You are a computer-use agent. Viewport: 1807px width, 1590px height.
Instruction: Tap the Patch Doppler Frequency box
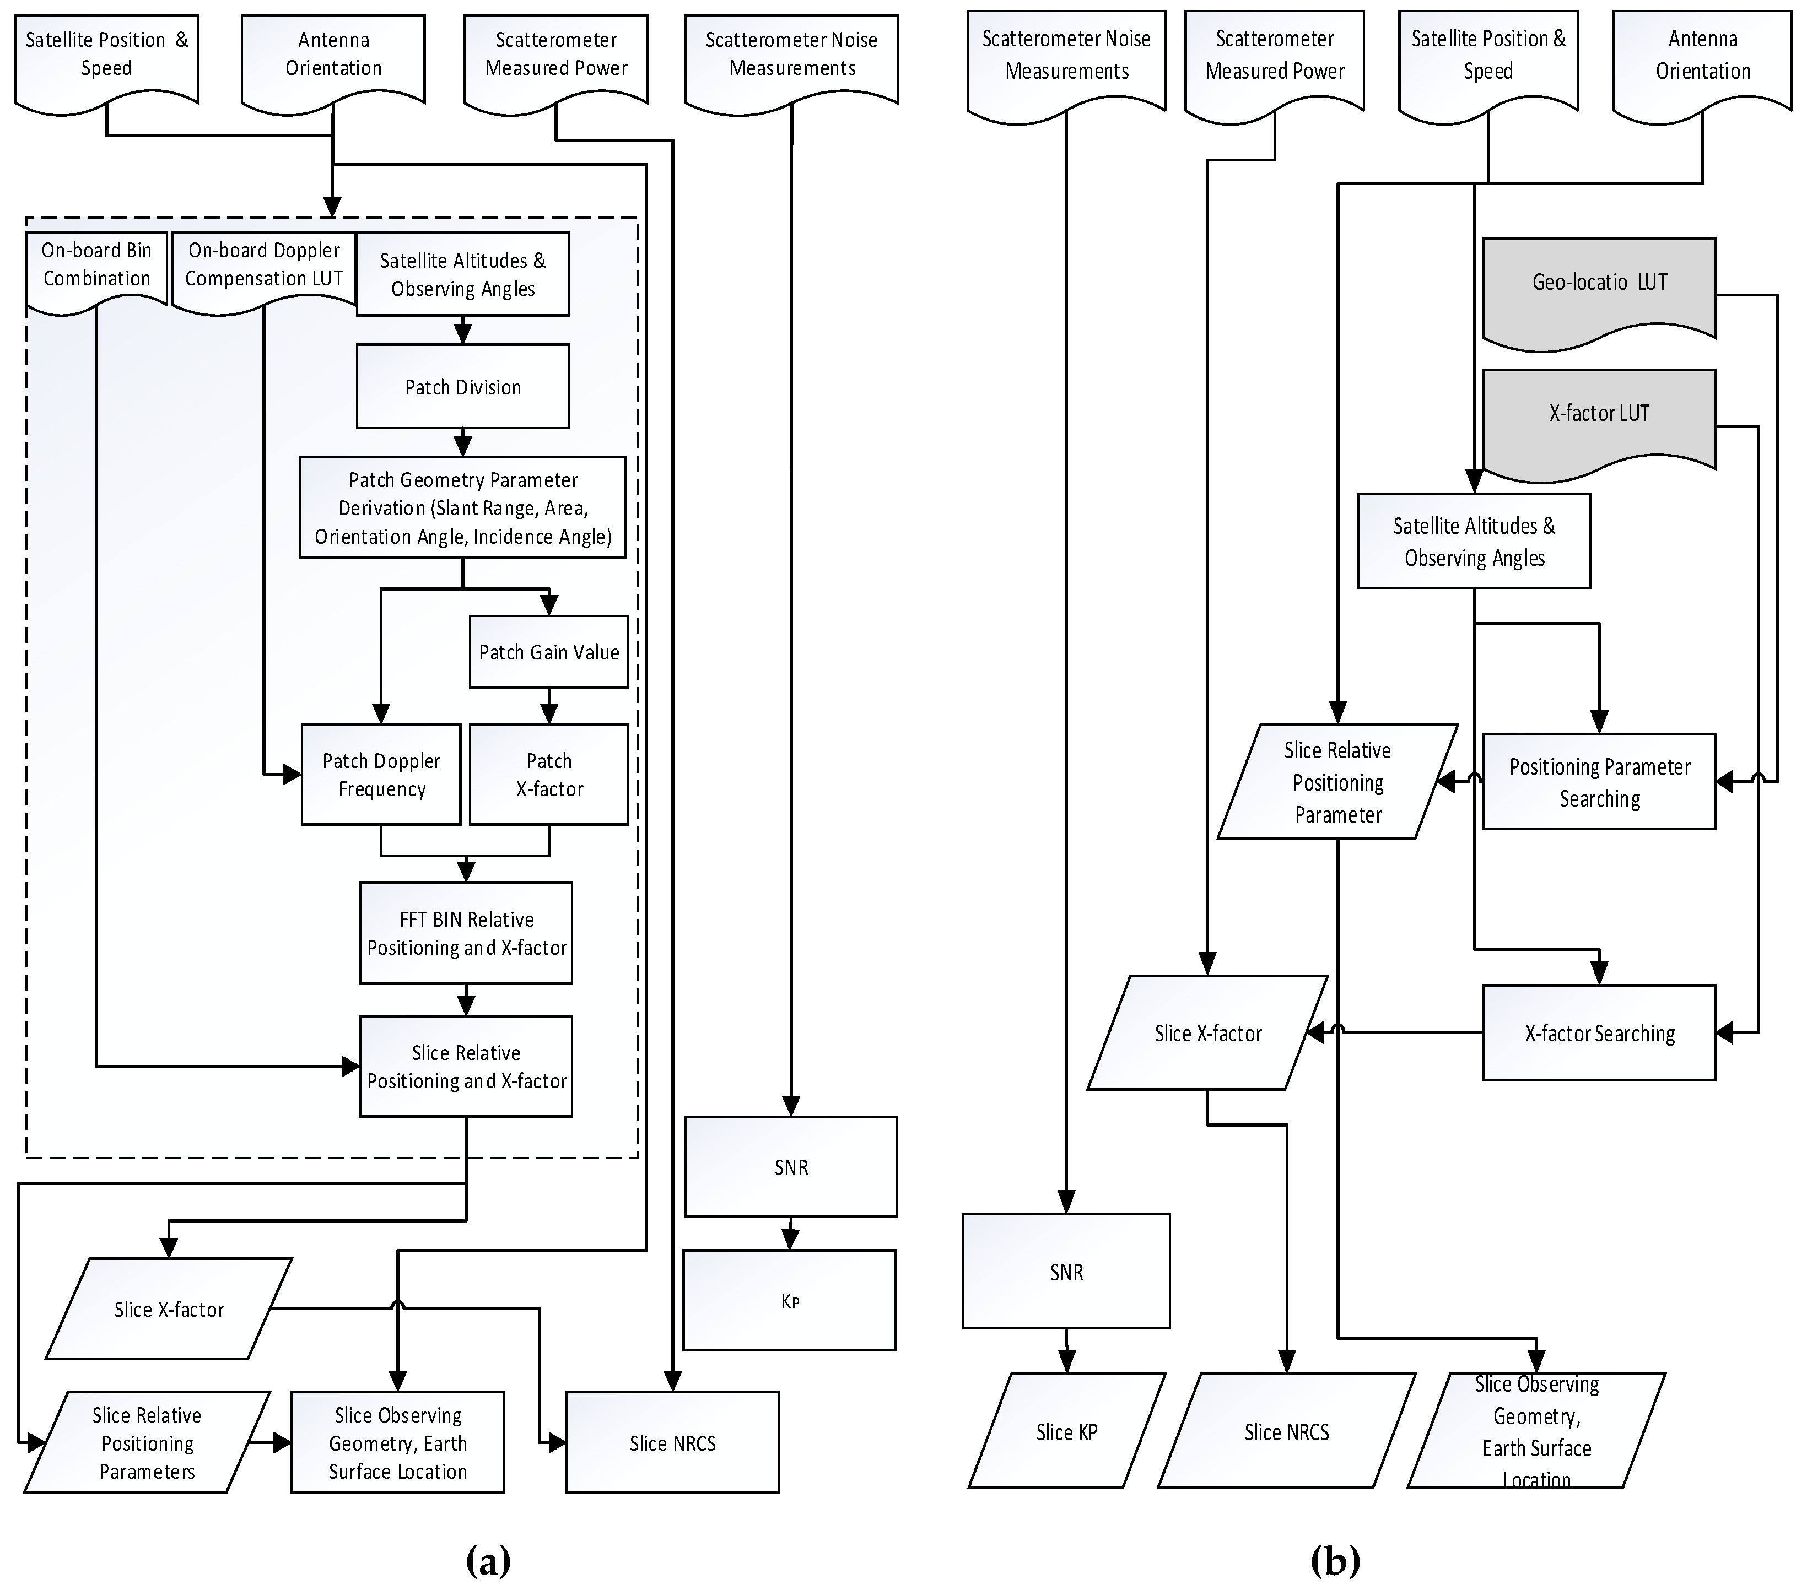tap(381, 774)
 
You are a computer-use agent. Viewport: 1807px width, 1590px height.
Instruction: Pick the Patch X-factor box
tap(548, 774)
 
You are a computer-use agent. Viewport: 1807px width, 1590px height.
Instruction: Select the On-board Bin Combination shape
tap(96, 265)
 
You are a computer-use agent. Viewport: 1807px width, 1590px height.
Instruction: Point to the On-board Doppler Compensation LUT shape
tap(263, 265)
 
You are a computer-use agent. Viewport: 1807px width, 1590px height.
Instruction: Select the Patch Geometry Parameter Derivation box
tap(462, 507)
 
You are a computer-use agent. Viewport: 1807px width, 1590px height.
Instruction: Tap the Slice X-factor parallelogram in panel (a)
tap(168, 1309)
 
